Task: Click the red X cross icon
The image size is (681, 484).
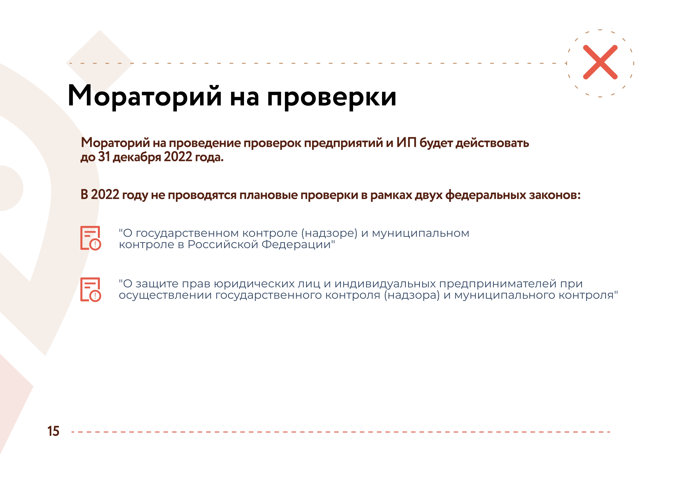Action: click(x=600, y=62)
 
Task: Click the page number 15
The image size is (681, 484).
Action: click(x=53, y=431)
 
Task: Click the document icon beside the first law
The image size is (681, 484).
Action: click(x=91, y=238)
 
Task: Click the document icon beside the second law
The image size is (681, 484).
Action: click(x=91, y=290)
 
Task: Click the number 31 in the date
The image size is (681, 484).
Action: click(x=104, y=157)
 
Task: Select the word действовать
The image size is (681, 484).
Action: click(x=493, y=143)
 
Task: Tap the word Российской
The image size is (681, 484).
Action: click(x=223, y=245)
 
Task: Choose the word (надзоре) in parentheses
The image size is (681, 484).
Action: click(x=329, y=234)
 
